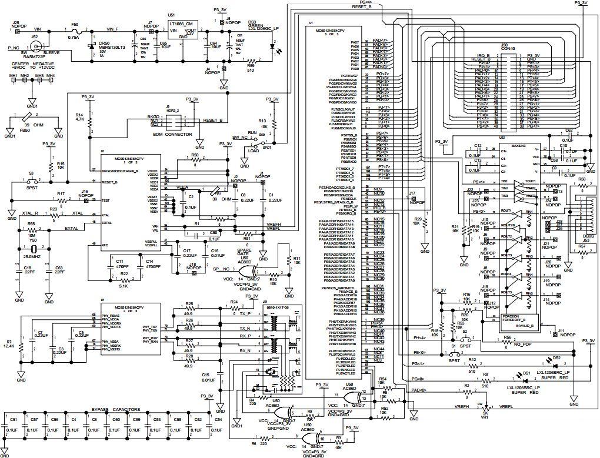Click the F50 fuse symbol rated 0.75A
click(x=74, y=29)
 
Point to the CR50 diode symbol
click(x=91, y=45)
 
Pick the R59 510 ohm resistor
click(x=251, y=61)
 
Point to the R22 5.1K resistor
click(x=124, y=279)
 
